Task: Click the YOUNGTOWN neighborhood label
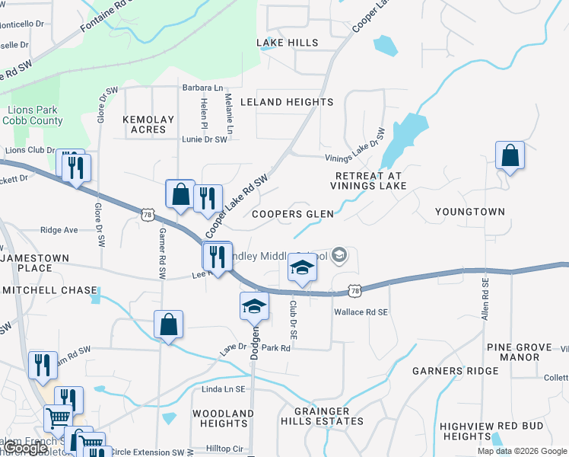(x=469, y=212)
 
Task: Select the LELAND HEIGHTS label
(x=287, y=102)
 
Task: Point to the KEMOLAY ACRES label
(x=148, y=125)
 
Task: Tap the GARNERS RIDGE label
(x=456, y=372)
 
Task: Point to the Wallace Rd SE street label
(x=361, y=312)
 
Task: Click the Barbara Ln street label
(x=202, y=88)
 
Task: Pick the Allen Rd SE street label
(x=484, y=297)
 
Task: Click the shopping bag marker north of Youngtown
(x=510, y=156)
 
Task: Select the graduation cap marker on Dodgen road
(x=254, y=306)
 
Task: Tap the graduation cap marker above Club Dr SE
(x=302, y=267)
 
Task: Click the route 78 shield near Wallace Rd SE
(x=354, y=291)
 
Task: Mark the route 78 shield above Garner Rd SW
(x=148, y=216)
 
